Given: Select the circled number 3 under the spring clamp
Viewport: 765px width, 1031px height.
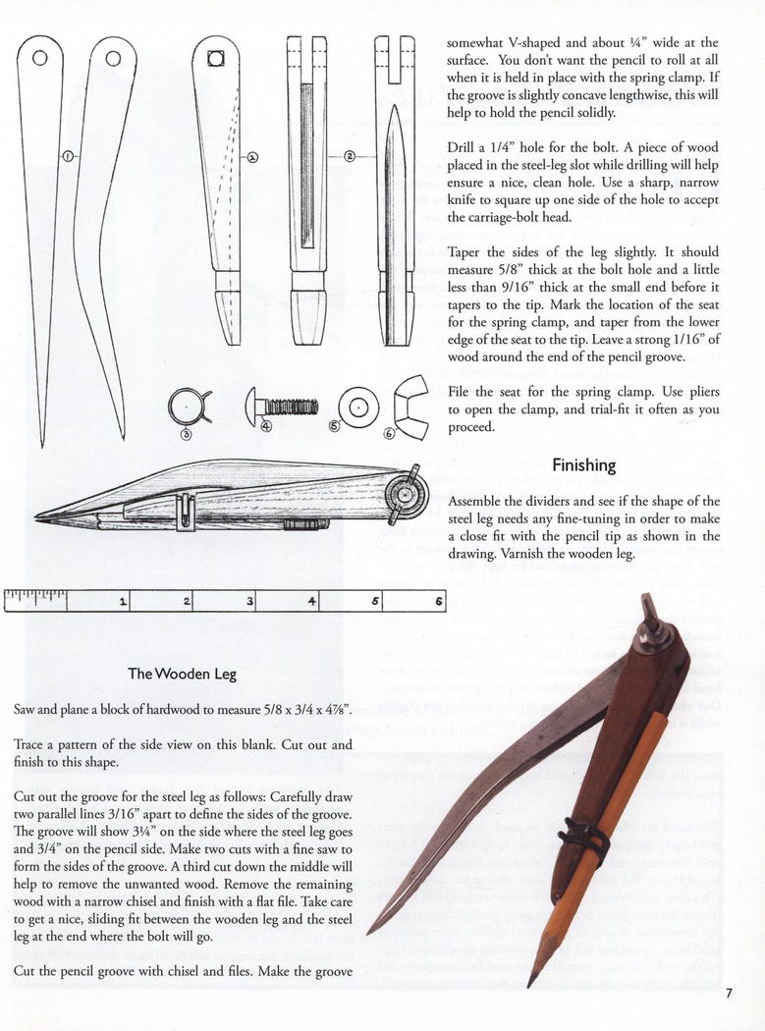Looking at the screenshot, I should [186, 433].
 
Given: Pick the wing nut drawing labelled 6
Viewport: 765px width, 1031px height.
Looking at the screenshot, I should [410, 402].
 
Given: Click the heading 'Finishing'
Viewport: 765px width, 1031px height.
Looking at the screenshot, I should [583, 464].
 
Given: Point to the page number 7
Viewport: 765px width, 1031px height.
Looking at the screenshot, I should [730, 993].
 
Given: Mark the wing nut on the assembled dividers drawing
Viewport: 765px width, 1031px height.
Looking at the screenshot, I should [407, 488].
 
